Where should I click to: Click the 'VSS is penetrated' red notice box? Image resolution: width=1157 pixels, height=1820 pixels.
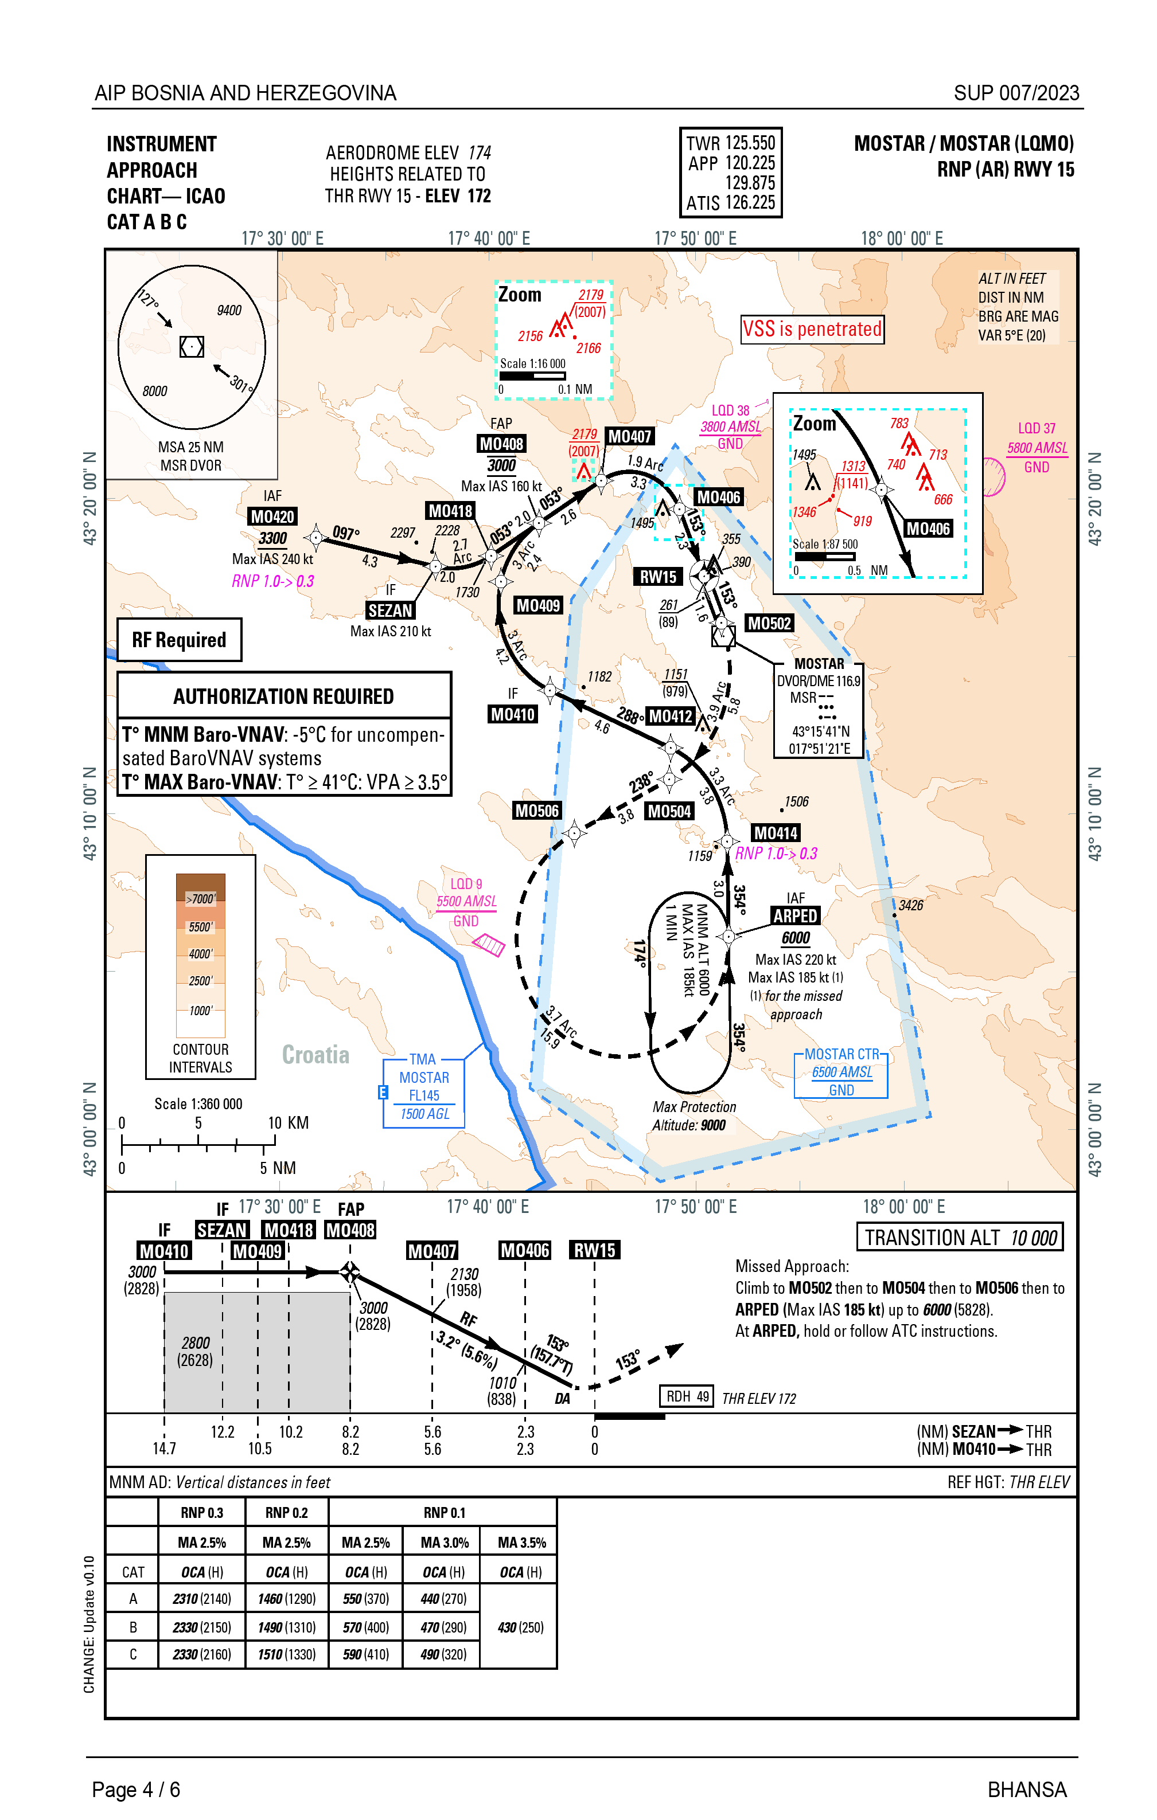(x=812, y=330)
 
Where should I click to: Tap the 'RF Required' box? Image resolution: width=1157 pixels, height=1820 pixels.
(x=179, y=640)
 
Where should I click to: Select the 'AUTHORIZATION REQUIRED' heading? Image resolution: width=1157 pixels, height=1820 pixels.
(x=283, y=696)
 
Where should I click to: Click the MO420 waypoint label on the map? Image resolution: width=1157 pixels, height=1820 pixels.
(x=272, y=517)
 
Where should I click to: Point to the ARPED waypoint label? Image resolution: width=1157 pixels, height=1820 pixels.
(x=795, y=915)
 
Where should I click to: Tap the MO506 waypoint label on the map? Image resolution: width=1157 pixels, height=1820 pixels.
(x=537, y=811)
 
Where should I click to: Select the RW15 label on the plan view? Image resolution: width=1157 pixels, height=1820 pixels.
(x=658, y=577)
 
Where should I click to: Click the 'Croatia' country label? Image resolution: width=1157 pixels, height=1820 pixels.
(x=315, y=1054)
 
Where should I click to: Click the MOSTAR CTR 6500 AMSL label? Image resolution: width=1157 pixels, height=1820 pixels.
(x=841, y=1072)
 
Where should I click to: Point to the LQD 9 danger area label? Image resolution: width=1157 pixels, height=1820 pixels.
(x=466, y=901)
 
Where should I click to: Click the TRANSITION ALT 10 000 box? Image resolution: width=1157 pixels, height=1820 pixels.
(x=960, y=1237)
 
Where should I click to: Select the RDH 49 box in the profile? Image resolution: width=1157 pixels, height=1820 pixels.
(x=687, y=1396)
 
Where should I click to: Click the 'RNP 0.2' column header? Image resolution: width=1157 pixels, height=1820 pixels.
(x=287, y=1512)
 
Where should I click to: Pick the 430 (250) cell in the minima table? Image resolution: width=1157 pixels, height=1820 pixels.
(x=520, y=1627)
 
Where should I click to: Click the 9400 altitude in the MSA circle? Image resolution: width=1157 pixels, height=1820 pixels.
(x=229, y=311)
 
